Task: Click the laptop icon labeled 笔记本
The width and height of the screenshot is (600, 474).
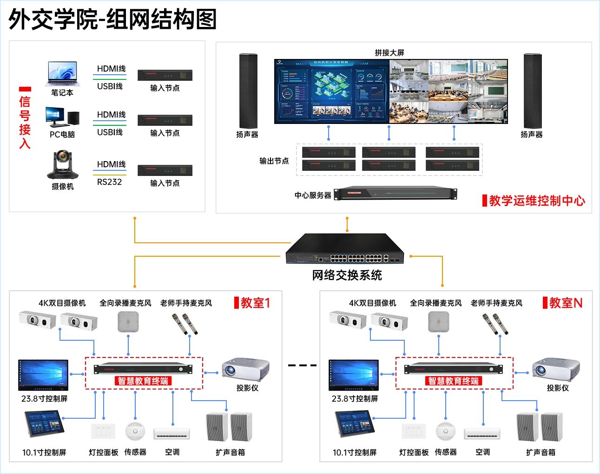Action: tap(62, 74)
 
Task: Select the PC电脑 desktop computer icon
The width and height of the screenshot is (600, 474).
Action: tap(62, 117)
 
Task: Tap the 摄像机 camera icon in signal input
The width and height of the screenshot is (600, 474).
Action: tap(62, 165)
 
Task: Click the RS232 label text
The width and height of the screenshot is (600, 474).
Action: tap(109, 182)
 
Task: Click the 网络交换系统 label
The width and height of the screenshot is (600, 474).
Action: tap(347, 275)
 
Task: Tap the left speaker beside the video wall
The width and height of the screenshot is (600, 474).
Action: tap(248, 91)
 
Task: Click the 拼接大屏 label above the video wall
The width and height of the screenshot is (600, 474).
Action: tap(389, 53)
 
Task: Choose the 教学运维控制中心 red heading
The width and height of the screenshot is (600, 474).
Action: tap(537, 201)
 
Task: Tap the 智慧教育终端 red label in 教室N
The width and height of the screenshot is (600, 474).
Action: tap(454, 381)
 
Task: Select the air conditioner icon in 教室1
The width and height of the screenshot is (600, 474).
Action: tap(172, 433)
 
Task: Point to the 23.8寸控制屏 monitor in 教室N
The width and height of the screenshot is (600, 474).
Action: tap(354, 375)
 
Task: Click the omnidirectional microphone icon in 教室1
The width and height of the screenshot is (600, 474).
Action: tap(128, 321)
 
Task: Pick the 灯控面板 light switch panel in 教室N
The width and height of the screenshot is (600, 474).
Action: tap(413, 431)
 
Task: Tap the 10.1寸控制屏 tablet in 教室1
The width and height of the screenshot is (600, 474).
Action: tap(44, 424)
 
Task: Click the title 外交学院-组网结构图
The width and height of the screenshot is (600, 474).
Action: tap(112, 19)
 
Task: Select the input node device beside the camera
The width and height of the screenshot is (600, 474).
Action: tap(165, 170)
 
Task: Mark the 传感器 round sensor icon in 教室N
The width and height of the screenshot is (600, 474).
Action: tap(445, 431)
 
